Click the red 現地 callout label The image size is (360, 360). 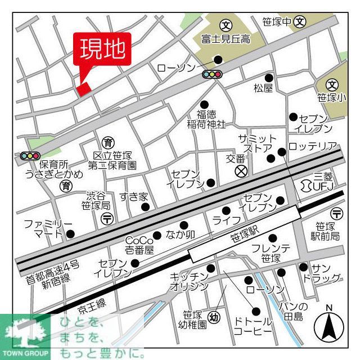click(102, 49)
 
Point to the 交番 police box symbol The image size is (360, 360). click(241, 170)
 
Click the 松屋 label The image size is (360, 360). click(263, 88)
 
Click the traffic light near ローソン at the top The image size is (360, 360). click(212, 74)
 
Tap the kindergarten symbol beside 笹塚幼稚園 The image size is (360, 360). click(215, 316)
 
